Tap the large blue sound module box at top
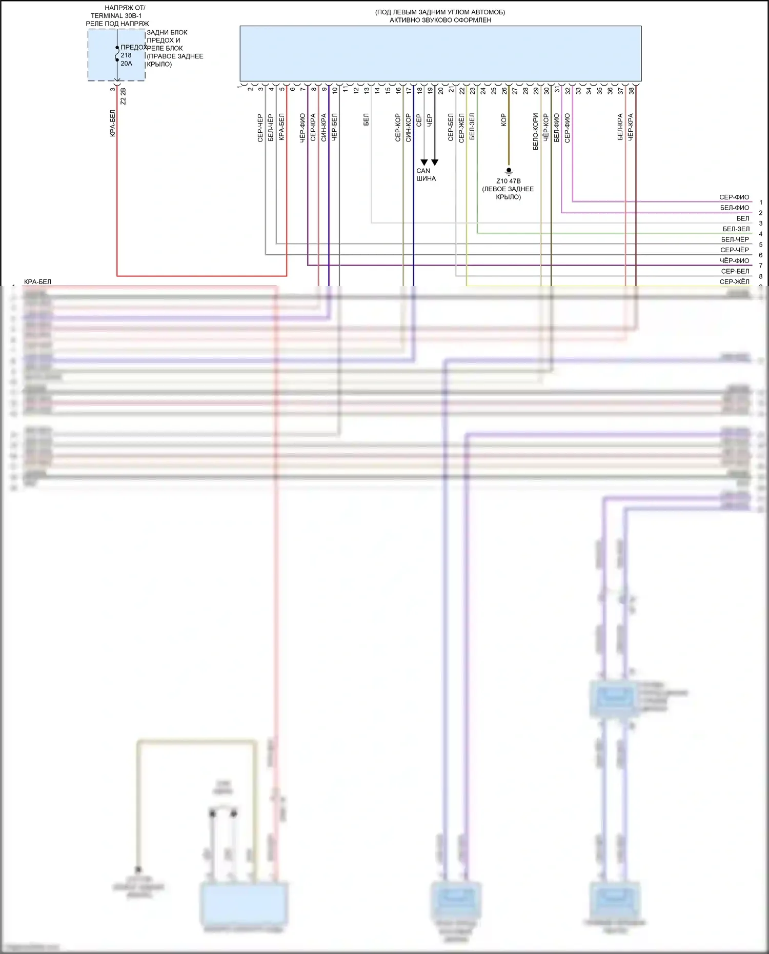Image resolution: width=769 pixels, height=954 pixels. [440, 53]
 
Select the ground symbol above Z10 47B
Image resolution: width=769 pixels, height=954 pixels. [509, 171]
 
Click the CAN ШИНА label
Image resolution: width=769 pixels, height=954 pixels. [426, 175]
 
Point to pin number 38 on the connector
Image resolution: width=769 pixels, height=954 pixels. [632, 90]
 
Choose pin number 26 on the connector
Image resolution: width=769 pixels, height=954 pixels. [504, 90]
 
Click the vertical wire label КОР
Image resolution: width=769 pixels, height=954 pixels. [503, 120]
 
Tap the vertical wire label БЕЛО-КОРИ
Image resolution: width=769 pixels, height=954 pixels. [535, 131]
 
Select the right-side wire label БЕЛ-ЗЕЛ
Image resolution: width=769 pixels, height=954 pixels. [736, 229]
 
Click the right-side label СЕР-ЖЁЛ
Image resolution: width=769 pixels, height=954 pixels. [734, 282]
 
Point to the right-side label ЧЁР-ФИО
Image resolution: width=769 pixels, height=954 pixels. [734, 261]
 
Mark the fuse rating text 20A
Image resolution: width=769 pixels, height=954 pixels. [126, 64]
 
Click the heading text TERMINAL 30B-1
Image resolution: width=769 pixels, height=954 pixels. [116, 16]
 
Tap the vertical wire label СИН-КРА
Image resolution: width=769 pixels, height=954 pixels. [323, 127]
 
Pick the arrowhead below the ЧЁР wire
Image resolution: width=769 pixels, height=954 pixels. [435, 163]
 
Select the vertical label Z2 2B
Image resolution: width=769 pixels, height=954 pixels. [123, 96]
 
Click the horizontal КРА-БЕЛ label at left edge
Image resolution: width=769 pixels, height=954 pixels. [37, 282]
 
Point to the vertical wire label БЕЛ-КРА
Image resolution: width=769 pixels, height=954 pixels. [620, 127]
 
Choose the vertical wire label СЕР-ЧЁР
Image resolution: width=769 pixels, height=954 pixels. [260, 128]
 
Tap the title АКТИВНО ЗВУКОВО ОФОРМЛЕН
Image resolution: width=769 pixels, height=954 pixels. [440, 21]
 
